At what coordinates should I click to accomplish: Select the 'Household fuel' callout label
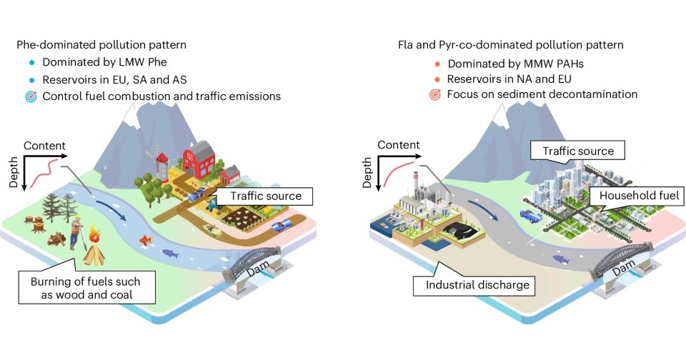(632, 196)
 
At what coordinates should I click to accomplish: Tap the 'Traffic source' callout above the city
(578, 151)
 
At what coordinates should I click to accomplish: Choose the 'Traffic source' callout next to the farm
(265, 195)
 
